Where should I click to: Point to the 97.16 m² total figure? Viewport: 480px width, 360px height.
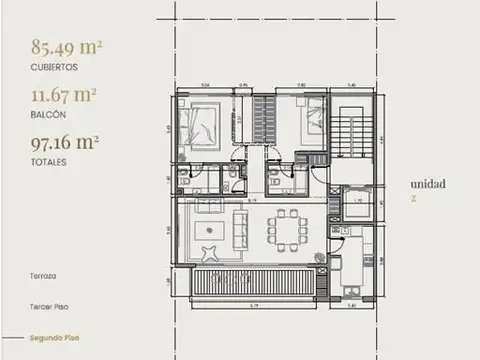pyautogui.click(x=65, y=143)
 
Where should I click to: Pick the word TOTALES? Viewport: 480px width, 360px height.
pyautogui.click(x=49, y=162)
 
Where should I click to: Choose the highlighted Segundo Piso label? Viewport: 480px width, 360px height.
pyautogui.click(x=53, y=340)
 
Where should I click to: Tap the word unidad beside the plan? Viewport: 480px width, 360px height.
pyautogui.click(x=426, y=184)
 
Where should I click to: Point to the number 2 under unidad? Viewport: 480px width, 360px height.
pyautogui.click(x=412, y=199)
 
